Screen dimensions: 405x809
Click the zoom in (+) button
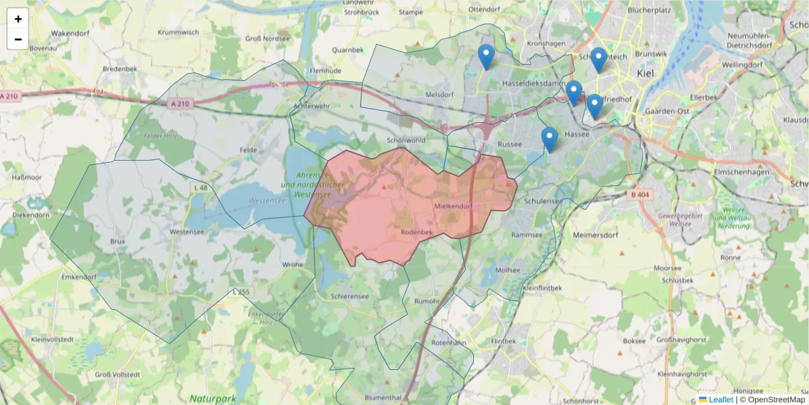coord(18,19)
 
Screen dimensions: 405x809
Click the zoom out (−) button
coord(18,39)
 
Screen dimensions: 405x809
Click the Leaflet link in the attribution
coord(721,400)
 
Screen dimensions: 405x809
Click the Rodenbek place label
coord(416,232)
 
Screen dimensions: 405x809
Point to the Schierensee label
coord(350,296)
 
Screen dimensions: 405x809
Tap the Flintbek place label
coord(504,340)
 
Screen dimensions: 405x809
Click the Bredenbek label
coord(121,69)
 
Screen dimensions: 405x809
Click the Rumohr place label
coord(427,301)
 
